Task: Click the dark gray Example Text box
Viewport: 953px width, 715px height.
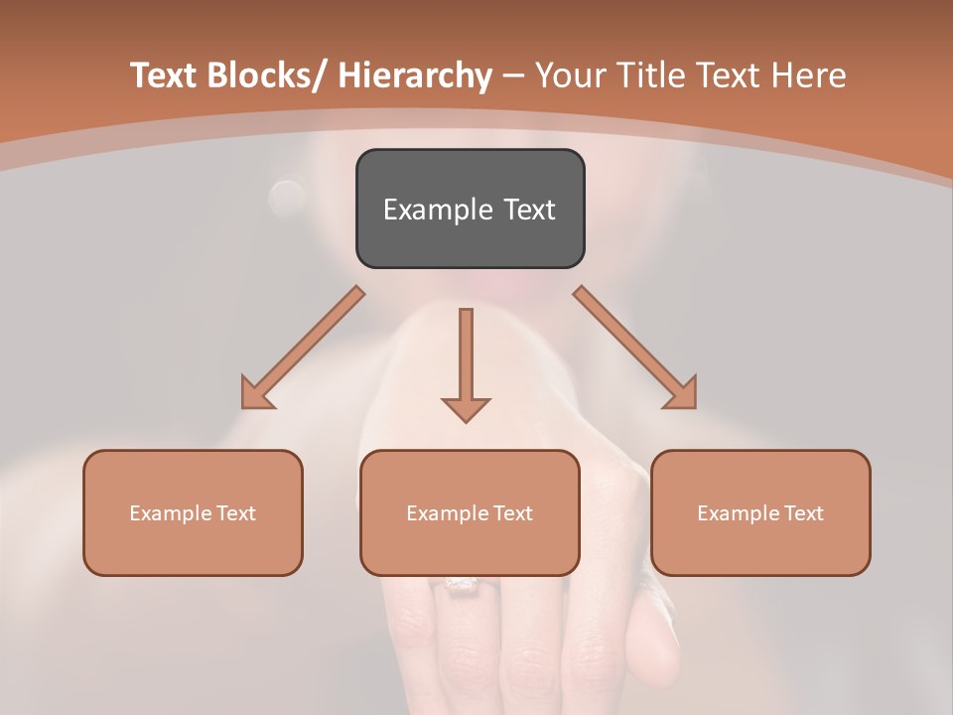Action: pos(470,209)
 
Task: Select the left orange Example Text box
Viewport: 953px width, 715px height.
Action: pos(193,512)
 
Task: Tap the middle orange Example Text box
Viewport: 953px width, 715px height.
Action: pos(470,512)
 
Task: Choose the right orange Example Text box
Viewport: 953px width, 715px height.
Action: pos(760,512)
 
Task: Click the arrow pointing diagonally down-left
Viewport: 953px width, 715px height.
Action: pos(303,348)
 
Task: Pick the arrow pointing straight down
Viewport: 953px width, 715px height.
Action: pos(466,362)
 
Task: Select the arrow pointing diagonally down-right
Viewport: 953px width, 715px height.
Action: pos(635,348)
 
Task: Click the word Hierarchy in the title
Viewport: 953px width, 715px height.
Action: pos(414,75)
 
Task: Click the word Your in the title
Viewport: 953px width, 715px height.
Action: pos(570,75)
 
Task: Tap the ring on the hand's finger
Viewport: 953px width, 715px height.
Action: pos(459,585)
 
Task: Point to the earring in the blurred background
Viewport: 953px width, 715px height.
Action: pos(287,197)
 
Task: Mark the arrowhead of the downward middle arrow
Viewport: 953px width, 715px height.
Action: pos(466,408)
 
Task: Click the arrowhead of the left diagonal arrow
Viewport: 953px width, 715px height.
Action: pos(257,393)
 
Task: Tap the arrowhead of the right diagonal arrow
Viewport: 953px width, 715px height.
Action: pos(681,393)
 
